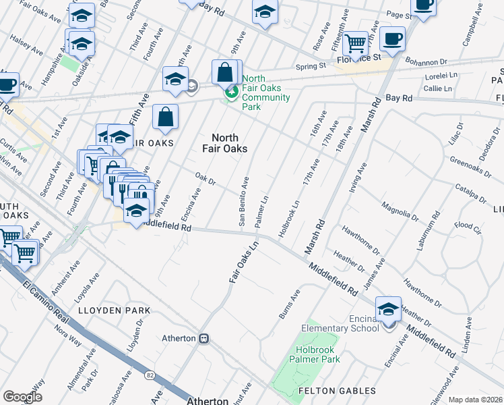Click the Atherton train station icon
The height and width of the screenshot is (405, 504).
[203, 338]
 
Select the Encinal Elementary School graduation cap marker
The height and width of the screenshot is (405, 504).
[388, 309]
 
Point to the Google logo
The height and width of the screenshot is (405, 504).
[22, 396]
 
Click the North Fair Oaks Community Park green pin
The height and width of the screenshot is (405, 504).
[231, 92]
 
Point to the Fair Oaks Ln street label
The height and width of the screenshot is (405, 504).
[243, 263]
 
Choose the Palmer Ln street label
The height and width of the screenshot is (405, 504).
[261, 211]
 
